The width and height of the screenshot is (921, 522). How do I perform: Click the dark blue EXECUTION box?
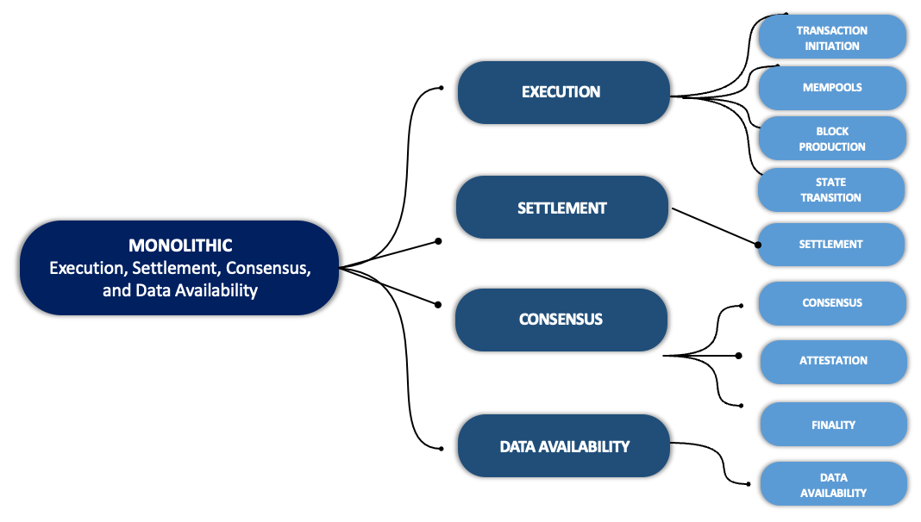point(563,92)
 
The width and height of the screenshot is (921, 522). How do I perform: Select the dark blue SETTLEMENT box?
point(562,208)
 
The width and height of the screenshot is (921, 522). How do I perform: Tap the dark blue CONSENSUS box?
point(561,320)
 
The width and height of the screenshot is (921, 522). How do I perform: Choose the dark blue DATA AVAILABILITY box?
point(564,446)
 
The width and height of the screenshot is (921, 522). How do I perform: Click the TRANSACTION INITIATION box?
point(831,38)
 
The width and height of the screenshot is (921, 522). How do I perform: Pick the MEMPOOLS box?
point(831,88)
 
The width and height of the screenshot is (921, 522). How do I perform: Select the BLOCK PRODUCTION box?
point(831,139)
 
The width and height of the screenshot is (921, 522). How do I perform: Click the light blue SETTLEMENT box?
point(830,245)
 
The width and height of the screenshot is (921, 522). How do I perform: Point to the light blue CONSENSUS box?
point(831,303)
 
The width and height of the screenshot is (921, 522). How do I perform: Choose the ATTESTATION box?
point(833,361)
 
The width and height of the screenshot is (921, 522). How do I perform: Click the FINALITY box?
point(833,425)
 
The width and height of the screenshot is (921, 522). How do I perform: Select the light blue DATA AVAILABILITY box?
point(833,484)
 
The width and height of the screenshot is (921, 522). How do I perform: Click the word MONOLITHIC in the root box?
point(180,246)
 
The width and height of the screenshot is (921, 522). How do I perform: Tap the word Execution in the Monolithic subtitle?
point(84,268)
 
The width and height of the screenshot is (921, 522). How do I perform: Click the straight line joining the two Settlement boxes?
point(714,227)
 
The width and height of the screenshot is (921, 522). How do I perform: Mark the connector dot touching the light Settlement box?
point(758,245)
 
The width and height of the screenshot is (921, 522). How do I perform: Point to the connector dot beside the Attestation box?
point(738,356)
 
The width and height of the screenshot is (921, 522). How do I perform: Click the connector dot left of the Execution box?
point(441,87)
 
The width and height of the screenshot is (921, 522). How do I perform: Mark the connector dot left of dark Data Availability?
point(442,448)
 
